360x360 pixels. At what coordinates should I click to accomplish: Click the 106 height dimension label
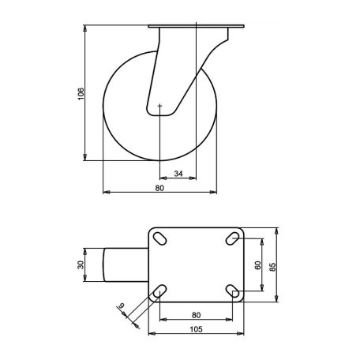[x=81, y=94]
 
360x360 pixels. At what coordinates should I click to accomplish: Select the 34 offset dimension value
[x=178, y=174]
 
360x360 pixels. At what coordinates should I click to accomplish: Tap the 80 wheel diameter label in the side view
[x=159, y=188]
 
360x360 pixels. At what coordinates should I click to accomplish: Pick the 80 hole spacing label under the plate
[x=196, y=315]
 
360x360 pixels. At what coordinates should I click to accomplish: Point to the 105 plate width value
[x=196, y=329]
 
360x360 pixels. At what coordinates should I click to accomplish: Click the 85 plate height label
[x=273, y=267]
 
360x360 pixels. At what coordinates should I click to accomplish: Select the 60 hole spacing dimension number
[x=258, y=265]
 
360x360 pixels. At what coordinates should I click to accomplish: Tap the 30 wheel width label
[x=81, y=264]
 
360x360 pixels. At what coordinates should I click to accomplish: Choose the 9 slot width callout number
[x=122, y=306]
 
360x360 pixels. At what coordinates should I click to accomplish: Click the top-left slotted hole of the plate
[x=159, y=238]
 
